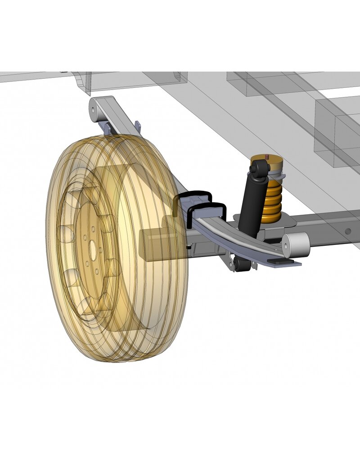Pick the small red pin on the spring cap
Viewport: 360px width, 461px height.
pyautogui.click(x=267, y=156)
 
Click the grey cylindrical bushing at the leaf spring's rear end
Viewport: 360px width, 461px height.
pyautogui.click(x=296, y=245)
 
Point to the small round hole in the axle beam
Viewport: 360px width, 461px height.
pyautogui.click(x=348, y=231)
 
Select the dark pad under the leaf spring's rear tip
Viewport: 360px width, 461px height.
pyautogui.click(x=283, y=262)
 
